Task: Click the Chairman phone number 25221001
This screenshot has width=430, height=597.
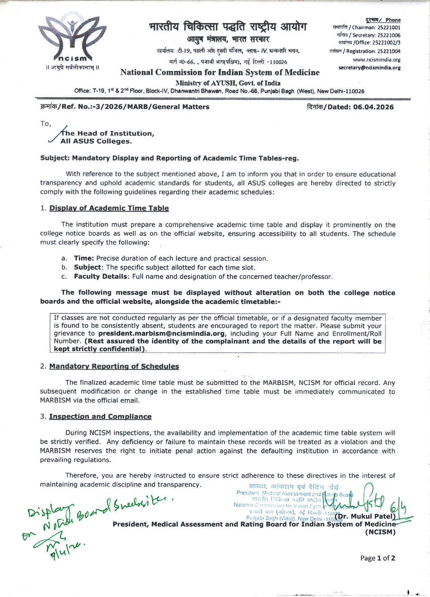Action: [x=389, y=27]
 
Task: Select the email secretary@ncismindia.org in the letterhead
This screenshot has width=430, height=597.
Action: [x=369, y=68]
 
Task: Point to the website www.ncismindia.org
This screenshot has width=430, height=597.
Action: [x=376, y=60]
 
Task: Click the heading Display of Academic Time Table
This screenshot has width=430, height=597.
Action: [x=109, y=208]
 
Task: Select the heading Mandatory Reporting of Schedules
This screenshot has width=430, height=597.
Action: [x=114, y=366]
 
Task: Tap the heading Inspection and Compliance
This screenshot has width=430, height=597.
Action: [x=100, y=417]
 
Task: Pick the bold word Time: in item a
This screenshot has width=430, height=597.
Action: [x=84, y=258]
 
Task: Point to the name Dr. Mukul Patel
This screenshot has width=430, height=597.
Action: [x=365, y=516]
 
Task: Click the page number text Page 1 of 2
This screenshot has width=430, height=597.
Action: [x=377, y=558]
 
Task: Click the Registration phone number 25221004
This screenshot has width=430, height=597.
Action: [x=389, y=51]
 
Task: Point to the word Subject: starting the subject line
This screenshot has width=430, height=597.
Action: [x=55, y=158]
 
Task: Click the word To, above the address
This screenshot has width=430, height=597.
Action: [x=45, y=123]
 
